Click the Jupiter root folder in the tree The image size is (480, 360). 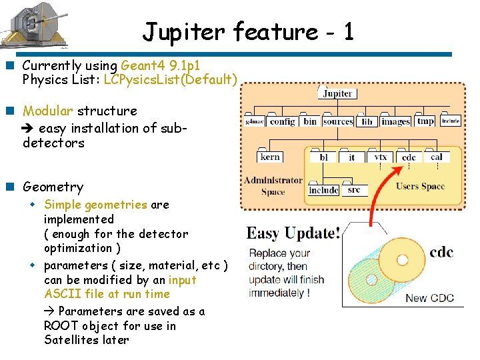point(337,93)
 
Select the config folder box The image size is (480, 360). point(282,122)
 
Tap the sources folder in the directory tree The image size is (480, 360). point(337,122)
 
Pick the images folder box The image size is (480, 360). point(395,122)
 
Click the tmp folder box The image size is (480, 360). point(425,121)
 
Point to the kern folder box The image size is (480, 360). point(270,157)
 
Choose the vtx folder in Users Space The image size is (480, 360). point(380,157)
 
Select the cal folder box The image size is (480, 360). point(437,157)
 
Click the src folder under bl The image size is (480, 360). point(354,190)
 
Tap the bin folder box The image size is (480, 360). point(310,122)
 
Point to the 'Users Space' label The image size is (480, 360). point(420,186)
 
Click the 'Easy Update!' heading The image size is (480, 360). point(293,233)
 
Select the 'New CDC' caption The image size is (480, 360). point(429,298)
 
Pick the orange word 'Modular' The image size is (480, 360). point(48,111)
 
